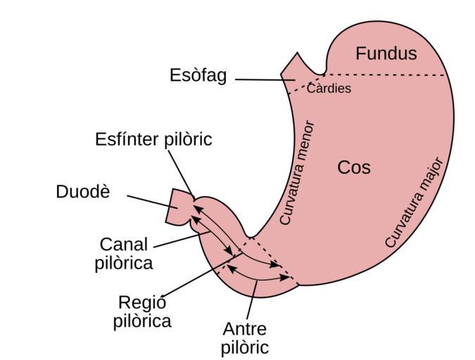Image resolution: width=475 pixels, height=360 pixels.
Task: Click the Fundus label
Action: click(386, 53)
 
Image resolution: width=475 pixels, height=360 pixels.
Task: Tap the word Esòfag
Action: click(198, 75)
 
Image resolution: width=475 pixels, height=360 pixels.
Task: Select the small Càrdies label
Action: click(329, 89)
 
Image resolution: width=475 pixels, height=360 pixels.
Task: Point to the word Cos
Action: click(354, 167)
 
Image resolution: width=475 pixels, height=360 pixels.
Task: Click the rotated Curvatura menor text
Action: click(297, 172)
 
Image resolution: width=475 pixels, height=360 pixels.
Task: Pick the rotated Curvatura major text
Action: click(416, 202)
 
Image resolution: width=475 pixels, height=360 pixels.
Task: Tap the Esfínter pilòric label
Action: click(153, 139)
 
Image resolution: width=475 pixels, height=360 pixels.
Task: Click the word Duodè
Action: click(83, 191)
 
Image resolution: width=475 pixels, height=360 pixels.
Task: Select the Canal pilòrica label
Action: click(124, 253)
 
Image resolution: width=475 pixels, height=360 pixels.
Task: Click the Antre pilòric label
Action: click(245, 337)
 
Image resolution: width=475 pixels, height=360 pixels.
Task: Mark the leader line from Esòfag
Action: click(264, 80)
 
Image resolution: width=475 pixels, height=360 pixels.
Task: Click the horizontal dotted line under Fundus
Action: click(387, 75)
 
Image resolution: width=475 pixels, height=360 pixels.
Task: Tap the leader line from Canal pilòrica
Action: click(176, 240)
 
